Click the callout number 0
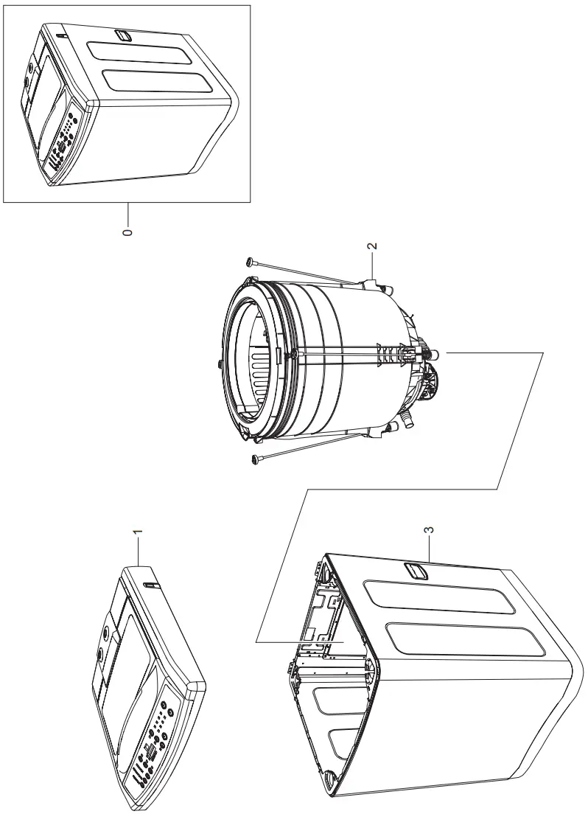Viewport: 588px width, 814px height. [127, 232]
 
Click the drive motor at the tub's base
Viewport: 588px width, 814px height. [428, 380]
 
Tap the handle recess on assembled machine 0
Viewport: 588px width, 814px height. [124, 35]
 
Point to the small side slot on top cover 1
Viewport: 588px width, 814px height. [151, 585]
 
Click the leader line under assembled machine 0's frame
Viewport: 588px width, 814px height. [127, 214]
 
